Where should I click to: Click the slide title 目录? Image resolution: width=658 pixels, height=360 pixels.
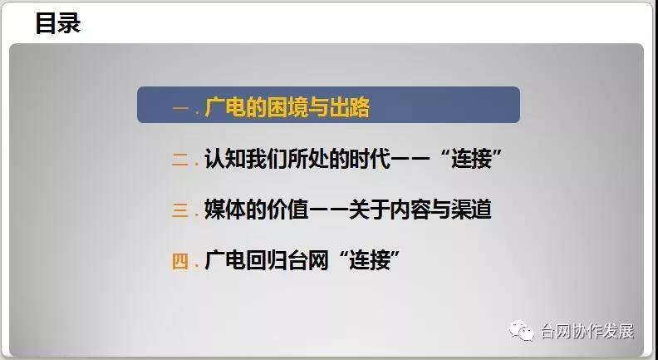(x=57, y=23)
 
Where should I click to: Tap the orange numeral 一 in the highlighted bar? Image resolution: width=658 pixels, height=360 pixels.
(x=181, y=108)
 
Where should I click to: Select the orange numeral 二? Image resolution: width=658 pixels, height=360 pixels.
(x=180, y=160)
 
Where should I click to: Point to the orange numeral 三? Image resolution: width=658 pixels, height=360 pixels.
(x=180, y=210)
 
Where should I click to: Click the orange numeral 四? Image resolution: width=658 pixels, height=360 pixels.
(x=180, y=261)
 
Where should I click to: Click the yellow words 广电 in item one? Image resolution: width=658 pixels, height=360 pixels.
(x=224, y=107)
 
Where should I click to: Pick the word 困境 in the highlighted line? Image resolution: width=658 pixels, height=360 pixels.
(x=287, y=107)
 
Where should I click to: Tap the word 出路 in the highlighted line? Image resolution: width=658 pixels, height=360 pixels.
(x=349, y=107)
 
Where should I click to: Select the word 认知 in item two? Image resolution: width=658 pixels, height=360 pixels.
(x=224, y=159)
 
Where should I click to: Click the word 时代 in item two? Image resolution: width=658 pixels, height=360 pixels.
(x=370, y=159)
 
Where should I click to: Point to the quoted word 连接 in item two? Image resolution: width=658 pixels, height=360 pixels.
(x=471, y=159)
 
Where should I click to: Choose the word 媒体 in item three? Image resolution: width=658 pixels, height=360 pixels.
(x=224, y=210)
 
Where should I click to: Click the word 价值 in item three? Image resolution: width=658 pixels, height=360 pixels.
(x=287, y=210)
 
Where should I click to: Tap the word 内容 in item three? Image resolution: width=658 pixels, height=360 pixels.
(x=410, y=210)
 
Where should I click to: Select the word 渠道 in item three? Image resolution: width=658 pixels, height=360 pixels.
(x=471, y=210)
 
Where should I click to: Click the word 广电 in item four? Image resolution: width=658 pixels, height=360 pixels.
(x=224, y=260)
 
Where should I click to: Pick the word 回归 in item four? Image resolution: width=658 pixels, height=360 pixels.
(x=266, y=260)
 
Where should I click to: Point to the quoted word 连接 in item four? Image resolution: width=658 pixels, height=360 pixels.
(x=369, y=260)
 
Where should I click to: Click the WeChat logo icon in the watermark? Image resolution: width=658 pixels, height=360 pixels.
(x=522, y=331)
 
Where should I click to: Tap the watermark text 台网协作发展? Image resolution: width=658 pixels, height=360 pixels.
(x=587, y=331)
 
